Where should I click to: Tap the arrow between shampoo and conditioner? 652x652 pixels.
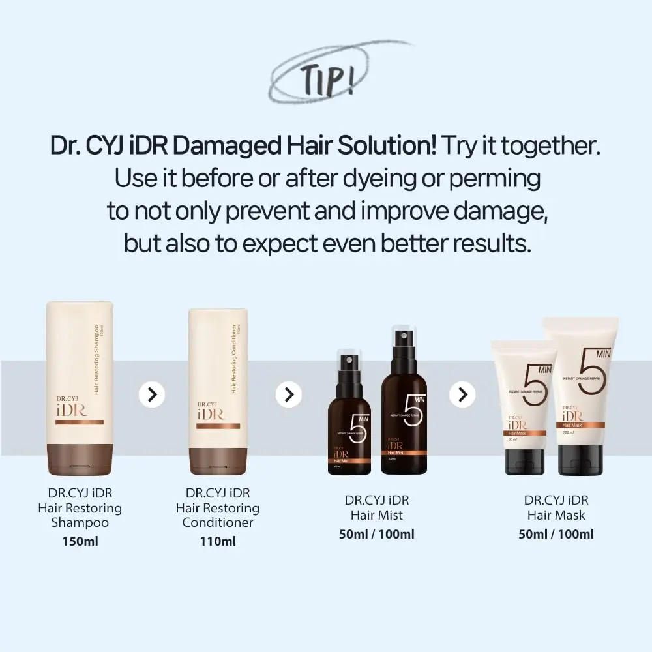click(x=152, y=394)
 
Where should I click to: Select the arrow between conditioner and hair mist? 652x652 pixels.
click(x=289, y=394)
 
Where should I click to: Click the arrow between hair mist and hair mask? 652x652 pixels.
click(x=462, y=394)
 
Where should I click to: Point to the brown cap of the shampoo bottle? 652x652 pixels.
click(x=80, y=457)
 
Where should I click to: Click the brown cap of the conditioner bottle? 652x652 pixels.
click(x=218, y=458)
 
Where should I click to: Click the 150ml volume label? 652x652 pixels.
click(x=80, y=541)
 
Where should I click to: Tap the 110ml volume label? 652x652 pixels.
click(x=218, y=541)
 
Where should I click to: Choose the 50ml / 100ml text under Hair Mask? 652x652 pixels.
click(x=556, y=534)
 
